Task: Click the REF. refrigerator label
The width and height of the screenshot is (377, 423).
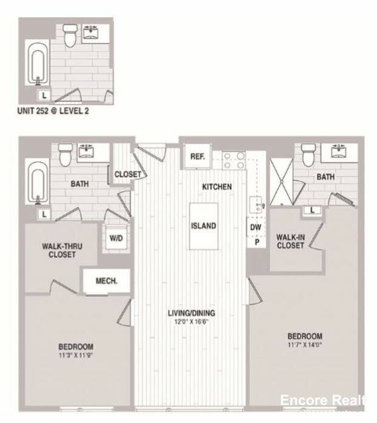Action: (x=198, y=156)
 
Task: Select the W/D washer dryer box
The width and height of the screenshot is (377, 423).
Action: (x=116, y=237)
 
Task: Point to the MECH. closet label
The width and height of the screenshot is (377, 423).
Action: (x=107, y=281)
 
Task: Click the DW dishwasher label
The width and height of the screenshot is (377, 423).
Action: (x=256, y=227)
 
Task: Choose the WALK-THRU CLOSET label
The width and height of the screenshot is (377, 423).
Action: (x=62, y=251)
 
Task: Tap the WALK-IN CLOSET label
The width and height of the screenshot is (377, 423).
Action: (x=290, y=241)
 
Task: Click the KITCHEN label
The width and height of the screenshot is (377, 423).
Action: (x=217, y=187)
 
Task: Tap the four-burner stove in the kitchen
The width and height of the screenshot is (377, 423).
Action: (x=233, y=160)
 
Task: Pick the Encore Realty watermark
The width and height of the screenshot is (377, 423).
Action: (x=322, y=400)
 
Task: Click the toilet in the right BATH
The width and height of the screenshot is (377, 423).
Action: (x=309, y=155)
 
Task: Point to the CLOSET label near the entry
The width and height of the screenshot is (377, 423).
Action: (x=127, y=174)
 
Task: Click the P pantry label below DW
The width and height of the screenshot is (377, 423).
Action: (x=256, y=241)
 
